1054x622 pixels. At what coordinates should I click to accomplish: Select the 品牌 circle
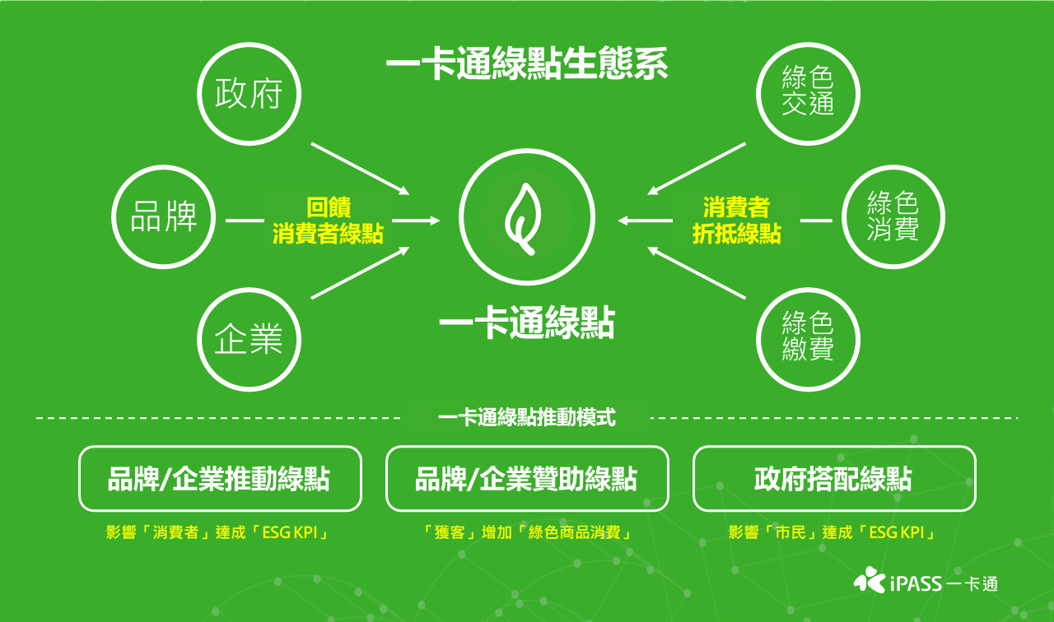click(x=163, y=218)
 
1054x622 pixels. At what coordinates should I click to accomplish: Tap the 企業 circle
click(x=249, y=339)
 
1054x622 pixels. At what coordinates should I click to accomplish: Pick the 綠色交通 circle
click(x=808, y=93)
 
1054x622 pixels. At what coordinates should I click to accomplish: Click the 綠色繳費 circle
click(x=808, y=339)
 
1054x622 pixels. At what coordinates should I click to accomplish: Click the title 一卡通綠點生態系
click(x=527, y=65)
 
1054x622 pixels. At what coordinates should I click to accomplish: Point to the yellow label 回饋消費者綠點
click(x=329, y=220)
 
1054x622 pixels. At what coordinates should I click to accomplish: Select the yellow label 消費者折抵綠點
click(x=736, y=220)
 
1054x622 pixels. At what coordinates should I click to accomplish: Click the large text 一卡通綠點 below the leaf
click(x=527, y=324)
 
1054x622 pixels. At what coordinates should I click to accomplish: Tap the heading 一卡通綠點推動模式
click(x=527, y=418)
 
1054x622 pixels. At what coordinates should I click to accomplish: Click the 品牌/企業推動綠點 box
click(x=220, y=479)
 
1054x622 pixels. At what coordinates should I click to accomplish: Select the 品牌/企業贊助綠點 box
click(x=527, y=479)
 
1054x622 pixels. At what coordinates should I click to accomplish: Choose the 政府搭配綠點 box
click(x=834, y=479)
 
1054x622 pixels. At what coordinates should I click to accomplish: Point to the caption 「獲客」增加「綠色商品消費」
click(x=527, y=532)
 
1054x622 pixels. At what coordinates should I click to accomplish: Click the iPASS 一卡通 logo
click(x=926, y=583)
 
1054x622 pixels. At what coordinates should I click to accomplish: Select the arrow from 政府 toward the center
click(x=361, y=169)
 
